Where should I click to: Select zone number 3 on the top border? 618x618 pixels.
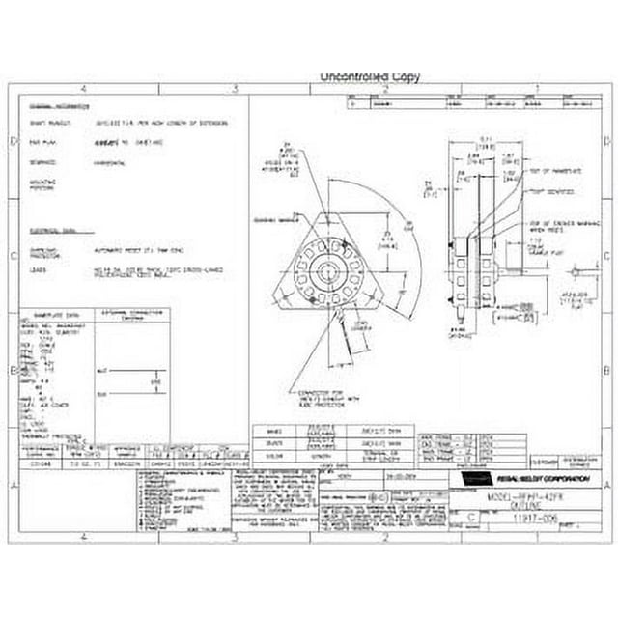[x=233, y=90]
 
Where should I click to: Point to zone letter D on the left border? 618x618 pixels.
[x=12, y=142]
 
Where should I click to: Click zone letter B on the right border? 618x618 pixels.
[x=605, y=369]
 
